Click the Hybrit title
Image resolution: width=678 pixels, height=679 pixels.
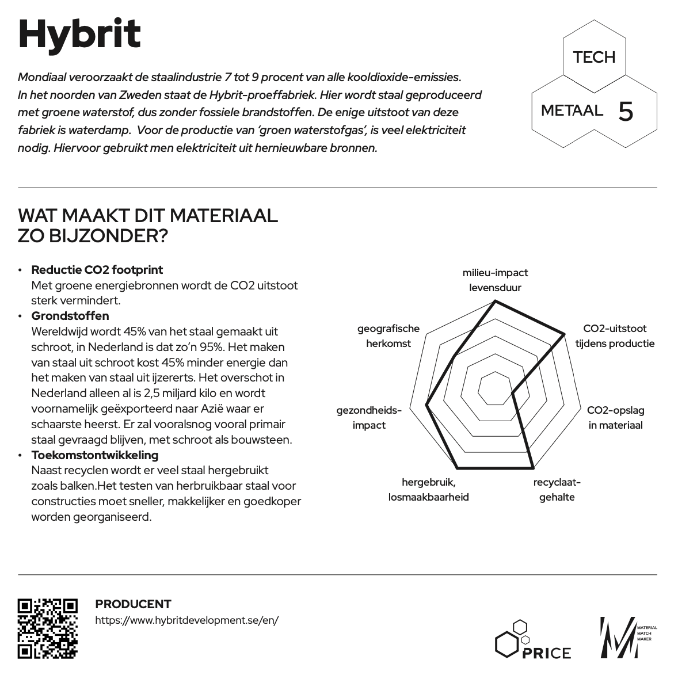pyautogui.click(x=79, y=35)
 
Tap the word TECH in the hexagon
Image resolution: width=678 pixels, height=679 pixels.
pyautogui.click(x=594, y=57)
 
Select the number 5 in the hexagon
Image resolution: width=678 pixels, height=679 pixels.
pyautogui.click(x=626, y=111)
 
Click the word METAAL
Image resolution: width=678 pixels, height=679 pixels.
pyautogui.click(x=572, y=110)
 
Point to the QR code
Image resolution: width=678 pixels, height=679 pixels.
pyautogui.click(x=47, y=628)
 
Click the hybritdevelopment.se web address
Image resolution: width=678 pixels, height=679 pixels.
pyautogui.click(x=187, y=620)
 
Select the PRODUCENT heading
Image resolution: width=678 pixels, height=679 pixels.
pyautogui.click(x=133, y=604)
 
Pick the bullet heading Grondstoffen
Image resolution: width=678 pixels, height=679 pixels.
pyautogui.click(x=70, y=316)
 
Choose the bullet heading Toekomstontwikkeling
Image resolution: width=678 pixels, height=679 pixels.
pyautogui.click(x=94, y=455)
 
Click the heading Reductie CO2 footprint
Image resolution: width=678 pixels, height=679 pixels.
pyautogui.click(x=97, y=270)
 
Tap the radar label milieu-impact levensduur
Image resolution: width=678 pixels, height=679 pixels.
pyautogui.click(x=495, y=280)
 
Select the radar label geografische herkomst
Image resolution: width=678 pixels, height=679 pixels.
pyautogui.click(x=388, y=336)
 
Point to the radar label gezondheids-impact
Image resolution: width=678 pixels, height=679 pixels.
pyautogui.click(x=369, y=418)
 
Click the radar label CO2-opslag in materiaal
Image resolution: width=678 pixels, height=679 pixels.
pyautogui.click(x=615, y=418)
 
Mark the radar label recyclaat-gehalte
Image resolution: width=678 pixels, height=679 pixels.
pyautogui.click(x=557, y=490)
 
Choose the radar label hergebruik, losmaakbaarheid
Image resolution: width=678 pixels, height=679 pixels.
pyautogui.click(x=428, y=490)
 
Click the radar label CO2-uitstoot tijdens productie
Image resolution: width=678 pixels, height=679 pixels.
pyautogui.click(x=615, y=336)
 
